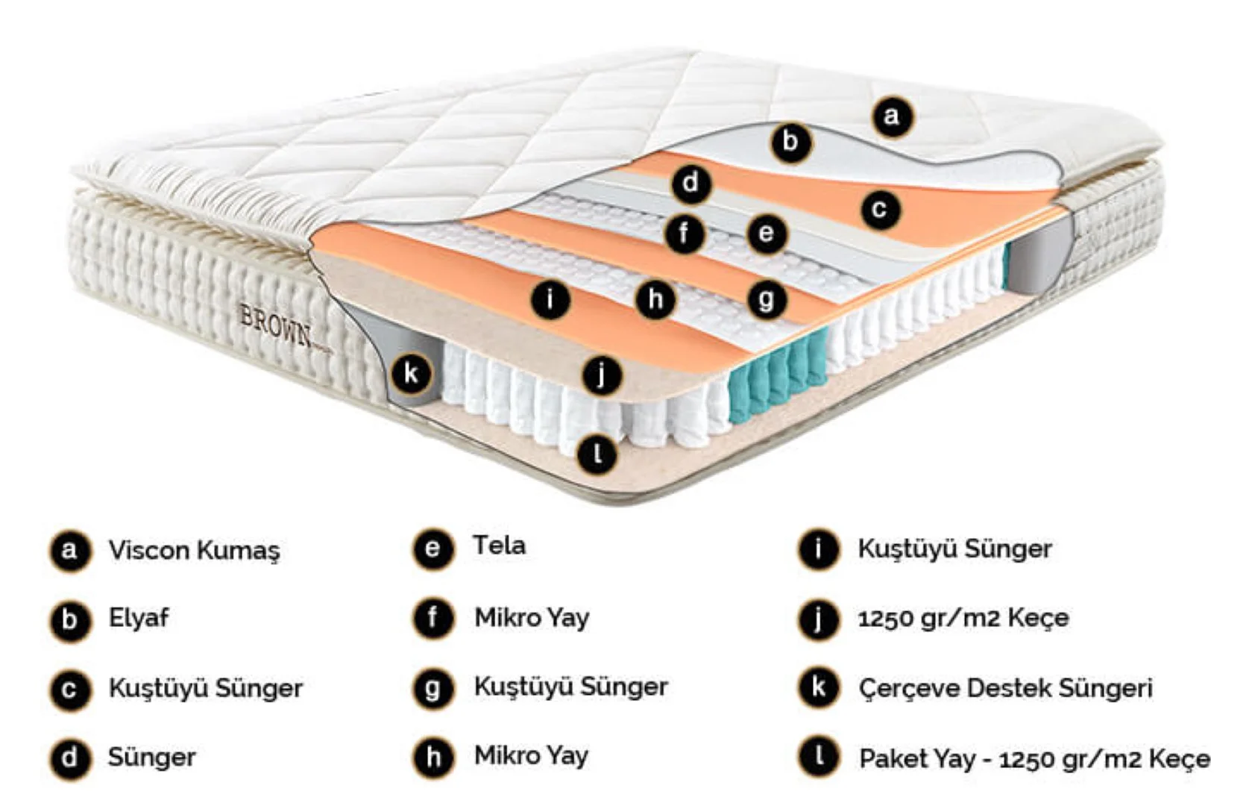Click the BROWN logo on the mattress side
pyautogui.click(x=275, y=325)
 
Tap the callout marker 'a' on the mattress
pyautogui.click(x=892, y=116)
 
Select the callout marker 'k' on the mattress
pyautogui.click(x=412, y=373)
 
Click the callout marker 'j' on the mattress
pyautogui.click(x=602, y=375)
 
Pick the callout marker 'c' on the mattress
pyautogui.click(x=881, y=209)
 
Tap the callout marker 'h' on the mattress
pyautogui.click(x=655, y=299)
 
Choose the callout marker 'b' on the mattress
pyautogui.click(x=791, y=142)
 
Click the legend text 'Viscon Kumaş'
pyautogui.click(x=194, y=551)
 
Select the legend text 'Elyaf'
pyautogui.click(x=138, y=619)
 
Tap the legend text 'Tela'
pyautogui.click(x=500, y=546)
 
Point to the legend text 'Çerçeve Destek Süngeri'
pyautogui.click(x=1005, y=689)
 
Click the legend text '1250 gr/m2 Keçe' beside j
pyautogui.click(x=963, y=619)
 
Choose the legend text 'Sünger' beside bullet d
pyautogui.click(x=151, y=757)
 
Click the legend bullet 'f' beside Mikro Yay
pyautogui.click(x=433, y=619)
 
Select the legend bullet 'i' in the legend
pyautogui.click(x=818, y=549)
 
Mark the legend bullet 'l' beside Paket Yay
pyautogui.click(x=818, y=757)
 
